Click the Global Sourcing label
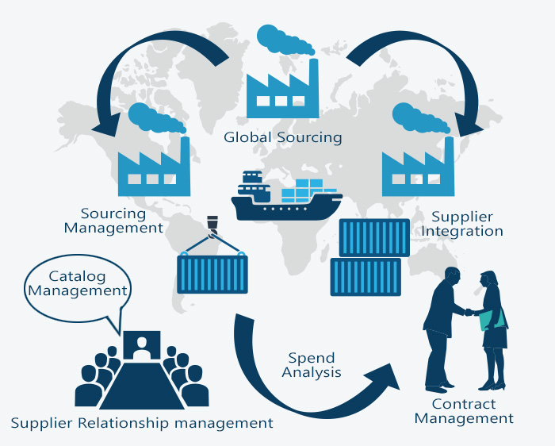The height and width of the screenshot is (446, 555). (282, 137)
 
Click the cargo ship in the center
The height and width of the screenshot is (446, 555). (286, 198)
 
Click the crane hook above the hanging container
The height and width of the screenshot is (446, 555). (212, 226)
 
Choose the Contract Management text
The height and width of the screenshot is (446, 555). (464, 411)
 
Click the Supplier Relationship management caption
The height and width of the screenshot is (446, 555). (142, 423)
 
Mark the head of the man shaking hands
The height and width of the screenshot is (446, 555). (452, 277)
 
